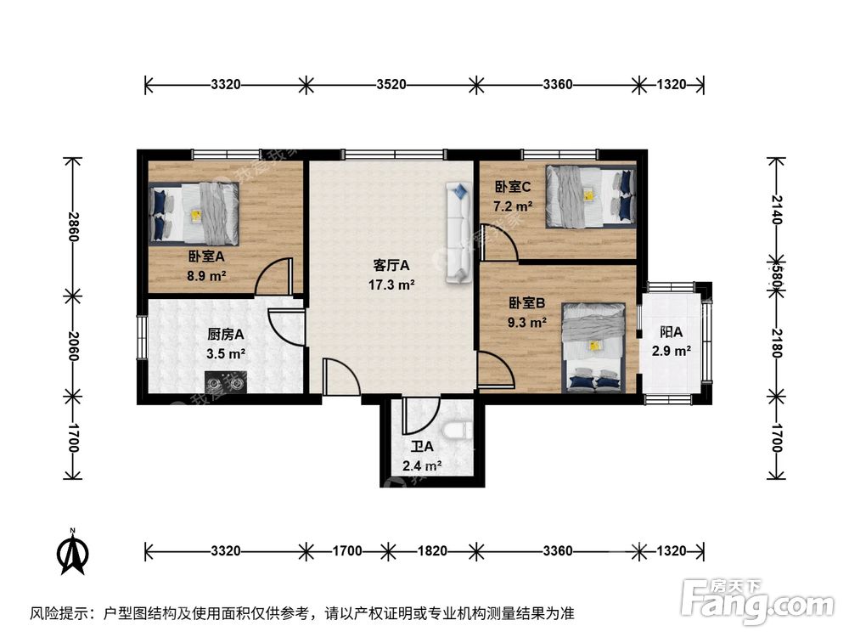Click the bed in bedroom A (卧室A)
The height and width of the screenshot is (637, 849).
[x=194, y=212]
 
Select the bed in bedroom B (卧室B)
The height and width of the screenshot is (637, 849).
[x=593, y=349]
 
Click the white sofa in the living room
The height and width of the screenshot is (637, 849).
[x=458, y=232]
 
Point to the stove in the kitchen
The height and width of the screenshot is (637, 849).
[x=225, y=383]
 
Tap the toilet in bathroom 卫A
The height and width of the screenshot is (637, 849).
[x=460, y=431]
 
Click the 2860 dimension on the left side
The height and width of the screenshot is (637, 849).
[x=73, y=227]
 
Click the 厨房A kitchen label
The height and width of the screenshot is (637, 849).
[x=226, y=334]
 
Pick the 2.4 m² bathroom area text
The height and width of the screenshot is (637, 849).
[x=422, y=465]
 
